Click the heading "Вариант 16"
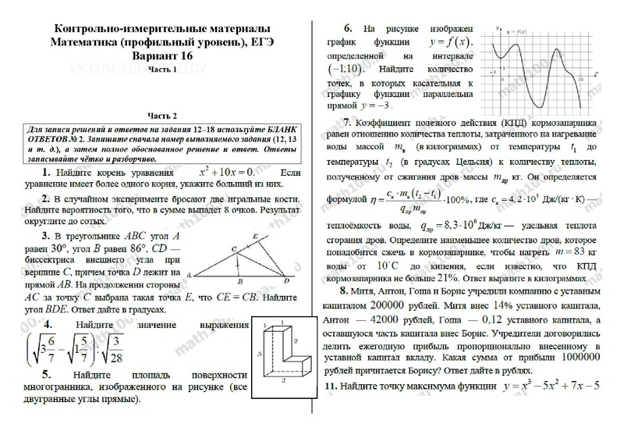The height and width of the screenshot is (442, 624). tap(165, 56)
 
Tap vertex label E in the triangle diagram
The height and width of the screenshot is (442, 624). tap(255, 234)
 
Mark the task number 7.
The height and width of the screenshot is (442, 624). tap(346, 123)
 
